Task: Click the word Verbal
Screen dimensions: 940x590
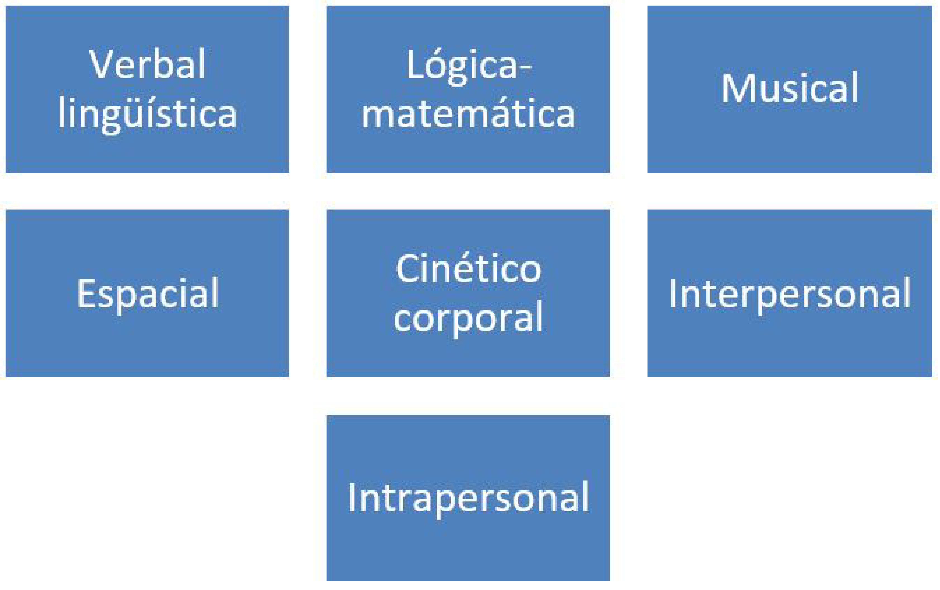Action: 147,64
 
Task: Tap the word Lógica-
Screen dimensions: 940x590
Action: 469,66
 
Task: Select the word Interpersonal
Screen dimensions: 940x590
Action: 790,295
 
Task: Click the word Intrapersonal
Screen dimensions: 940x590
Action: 468,499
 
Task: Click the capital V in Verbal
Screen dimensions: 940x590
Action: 102,64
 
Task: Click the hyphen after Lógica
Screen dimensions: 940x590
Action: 526,70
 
